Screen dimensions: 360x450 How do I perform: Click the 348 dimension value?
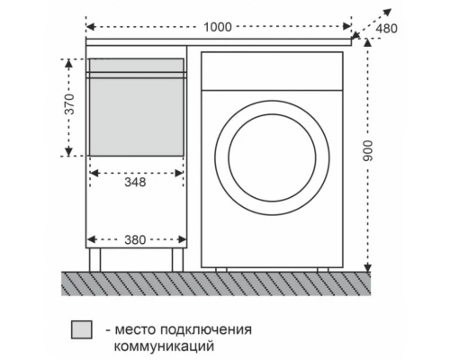tap(134, 181)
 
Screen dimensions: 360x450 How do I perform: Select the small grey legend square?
tap(82, 330)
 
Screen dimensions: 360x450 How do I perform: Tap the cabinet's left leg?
tap(95, 259)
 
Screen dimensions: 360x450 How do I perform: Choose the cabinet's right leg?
tap(177, 259)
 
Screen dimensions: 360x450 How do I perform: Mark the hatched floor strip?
tap(216, 283)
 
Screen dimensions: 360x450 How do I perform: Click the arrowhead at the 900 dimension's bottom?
tap(368, 265)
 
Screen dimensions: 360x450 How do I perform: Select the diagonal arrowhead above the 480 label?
tap(389, 11)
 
